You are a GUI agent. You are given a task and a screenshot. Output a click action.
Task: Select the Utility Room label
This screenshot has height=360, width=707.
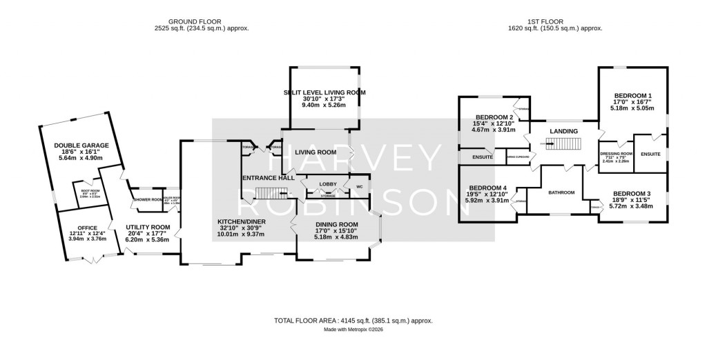point(147,227)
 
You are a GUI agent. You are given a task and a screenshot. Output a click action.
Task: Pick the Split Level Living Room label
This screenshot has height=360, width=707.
point(324,92)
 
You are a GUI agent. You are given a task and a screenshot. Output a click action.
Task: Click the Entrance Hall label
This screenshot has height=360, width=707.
point(268,177)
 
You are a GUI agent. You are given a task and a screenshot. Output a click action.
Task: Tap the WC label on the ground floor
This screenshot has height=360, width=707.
point(358,186)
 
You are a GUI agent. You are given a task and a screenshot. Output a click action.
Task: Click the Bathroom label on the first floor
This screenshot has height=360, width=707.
point(561,192)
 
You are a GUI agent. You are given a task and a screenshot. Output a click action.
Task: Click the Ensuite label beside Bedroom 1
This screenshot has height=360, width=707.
point(650,154)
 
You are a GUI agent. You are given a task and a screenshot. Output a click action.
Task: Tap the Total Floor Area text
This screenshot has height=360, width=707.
point(353,321)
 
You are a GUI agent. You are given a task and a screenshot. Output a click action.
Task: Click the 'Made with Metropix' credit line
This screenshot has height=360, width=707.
point(353,330)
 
